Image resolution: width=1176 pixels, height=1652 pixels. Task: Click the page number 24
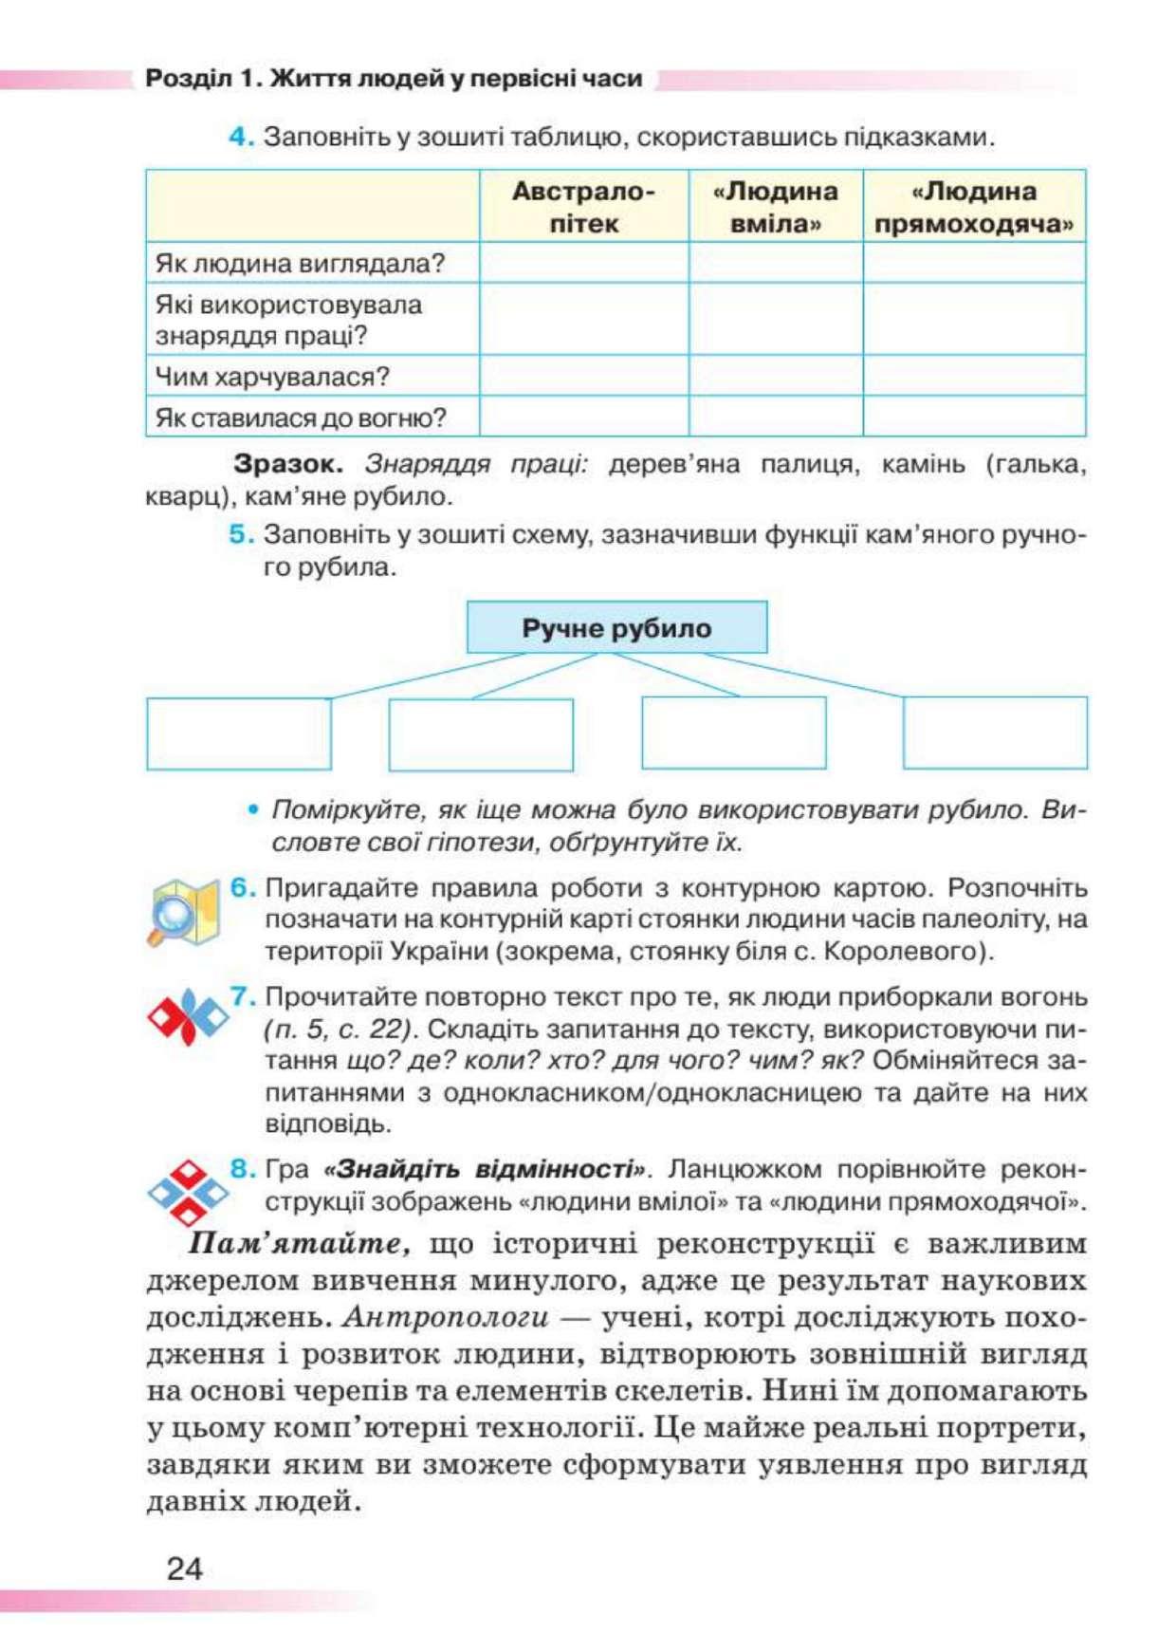click(x=184, y=1568)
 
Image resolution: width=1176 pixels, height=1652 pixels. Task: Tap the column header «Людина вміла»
click(x=775, y=207)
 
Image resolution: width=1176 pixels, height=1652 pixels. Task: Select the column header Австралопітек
click(x=583, y=207)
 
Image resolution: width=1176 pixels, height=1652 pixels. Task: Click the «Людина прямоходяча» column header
click(x=974, y=207)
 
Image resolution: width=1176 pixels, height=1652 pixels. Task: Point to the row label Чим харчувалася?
click(x=272, y=377)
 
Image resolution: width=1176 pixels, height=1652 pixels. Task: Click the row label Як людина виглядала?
click(x=300, y=263)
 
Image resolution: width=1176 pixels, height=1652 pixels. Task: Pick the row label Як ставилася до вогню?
click(x=301, y=418)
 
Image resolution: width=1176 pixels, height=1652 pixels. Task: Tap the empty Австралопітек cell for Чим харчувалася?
click(x=583, y=377)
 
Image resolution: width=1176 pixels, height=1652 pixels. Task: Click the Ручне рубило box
click(x=616, y=627)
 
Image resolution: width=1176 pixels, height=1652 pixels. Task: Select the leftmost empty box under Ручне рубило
click(x=239, y=733)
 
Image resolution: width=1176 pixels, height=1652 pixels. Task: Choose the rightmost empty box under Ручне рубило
click(x=995, y=733)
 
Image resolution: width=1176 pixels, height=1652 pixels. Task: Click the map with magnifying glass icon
click(x=184, y=912)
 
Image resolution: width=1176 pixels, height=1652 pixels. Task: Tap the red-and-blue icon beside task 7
click(x=187, y=1017)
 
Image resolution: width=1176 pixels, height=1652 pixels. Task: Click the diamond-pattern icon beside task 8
click(x=188, y=1192)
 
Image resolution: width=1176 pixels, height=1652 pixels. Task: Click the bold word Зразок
click(x=287, y=464)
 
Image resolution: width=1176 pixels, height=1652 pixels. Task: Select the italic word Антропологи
click(x=445, y=1317)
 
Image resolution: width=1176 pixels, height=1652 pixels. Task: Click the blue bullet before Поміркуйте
click(x=252, y=809)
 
